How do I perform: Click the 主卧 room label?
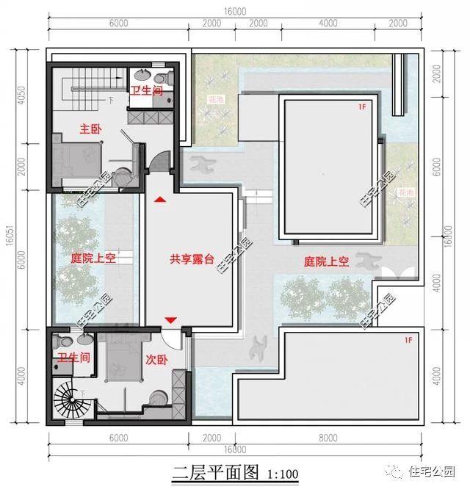point(91,129)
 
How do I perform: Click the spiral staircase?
point(72,403)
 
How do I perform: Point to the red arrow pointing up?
point(160,198)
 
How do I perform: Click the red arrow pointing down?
point(171,319)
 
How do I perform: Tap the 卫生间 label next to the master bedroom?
point(146,91)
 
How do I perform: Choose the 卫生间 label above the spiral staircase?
point(73,358)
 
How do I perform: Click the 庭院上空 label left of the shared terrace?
point(93,258)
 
